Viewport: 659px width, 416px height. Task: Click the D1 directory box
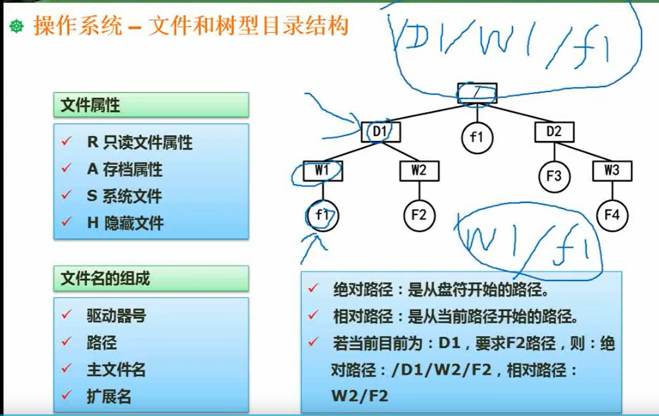coord(381,132)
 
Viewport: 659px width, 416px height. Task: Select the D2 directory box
coord(554,132)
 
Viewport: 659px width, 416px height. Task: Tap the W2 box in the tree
coord(419,171)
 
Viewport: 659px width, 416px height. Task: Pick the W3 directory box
coord(612,171)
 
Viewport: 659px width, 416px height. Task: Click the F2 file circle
coord(419,215)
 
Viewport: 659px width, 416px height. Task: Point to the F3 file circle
coord(554,176)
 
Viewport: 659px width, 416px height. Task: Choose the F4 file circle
coord(612,215)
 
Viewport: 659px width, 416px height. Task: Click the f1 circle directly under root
coord(477,137)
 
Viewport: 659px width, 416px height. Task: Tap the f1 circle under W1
coord(323,215)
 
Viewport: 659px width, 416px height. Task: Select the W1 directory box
coord(323,171)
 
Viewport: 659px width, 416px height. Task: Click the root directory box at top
coord(477,93)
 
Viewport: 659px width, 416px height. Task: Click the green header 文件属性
coord(151,105)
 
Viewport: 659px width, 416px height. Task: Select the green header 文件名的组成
coord(151,278)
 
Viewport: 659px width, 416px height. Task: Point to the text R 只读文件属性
coord(139,142)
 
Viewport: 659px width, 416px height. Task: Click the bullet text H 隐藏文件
coord(125,223)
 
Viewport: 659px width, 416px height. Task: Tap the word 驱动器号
coord(116,316)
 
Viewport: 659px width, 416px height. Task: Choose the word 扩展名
coord(109,397)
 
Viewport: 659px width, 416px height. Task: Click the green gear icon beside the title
coord(17,26)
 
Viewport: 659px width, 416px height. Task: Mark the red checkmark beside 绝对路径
coord(313,288)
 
